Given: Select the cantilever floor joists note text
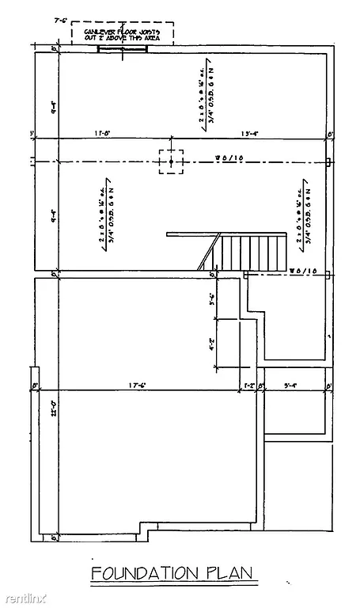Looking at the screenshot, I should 123,32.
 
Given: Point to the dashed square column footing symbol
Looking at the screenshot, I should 171,161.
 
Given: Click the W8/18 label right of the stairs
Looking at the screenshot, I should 302,270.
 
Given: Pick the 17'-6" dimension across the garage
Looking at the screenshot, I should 139,386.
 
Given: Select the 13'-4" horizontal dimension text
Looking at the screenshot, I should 251,133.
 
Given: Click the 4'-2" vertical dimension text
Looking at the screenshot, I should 212,345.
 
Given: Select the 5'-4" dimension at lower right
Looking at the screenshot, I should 290,386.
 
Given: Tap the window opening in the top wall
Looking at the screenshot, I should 123,49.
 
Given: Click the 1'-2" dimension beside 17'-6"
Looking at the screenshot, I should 248,386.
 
